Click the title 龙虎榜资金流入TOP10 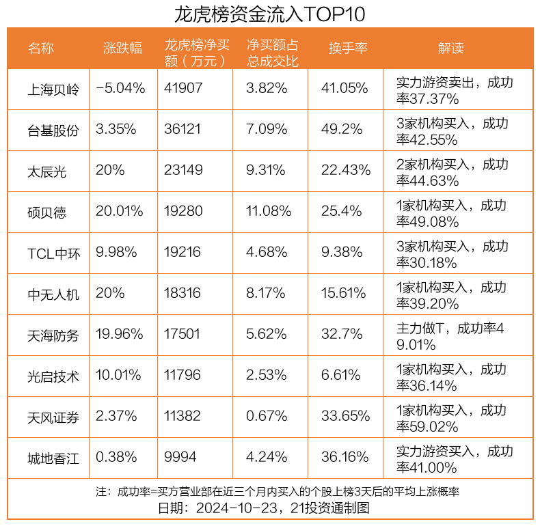tap(269, 14)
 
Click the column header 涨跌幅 tap(122, 48)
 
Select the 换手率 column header tap(348, 48)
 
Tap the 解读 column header tap(451, 48)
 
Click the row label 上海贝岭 tap(53, 89)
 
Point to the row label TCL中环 tap(54, 253)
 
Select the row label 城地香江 tap(53, 458)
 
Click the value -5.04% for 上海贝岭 tap(120, 88)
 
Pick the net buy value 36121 tap(183, 129)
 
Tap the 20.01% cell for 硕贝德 tap(119, 211)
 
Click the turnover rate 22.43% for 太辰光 tap(346, 170)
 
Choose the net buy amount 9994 tap(180, 457)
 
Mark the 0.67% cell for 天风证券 tap(267, 416)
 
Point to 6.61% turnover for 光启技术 tap(341, 375)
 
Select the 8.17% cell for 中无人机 tap(265, 293)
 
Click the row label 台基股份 tap(53, 130)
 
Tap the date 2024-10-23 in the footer tap(237, 508)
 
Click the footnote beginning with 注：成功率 tap(278, 492)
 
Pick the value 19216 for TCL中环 tap(183, 252)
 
